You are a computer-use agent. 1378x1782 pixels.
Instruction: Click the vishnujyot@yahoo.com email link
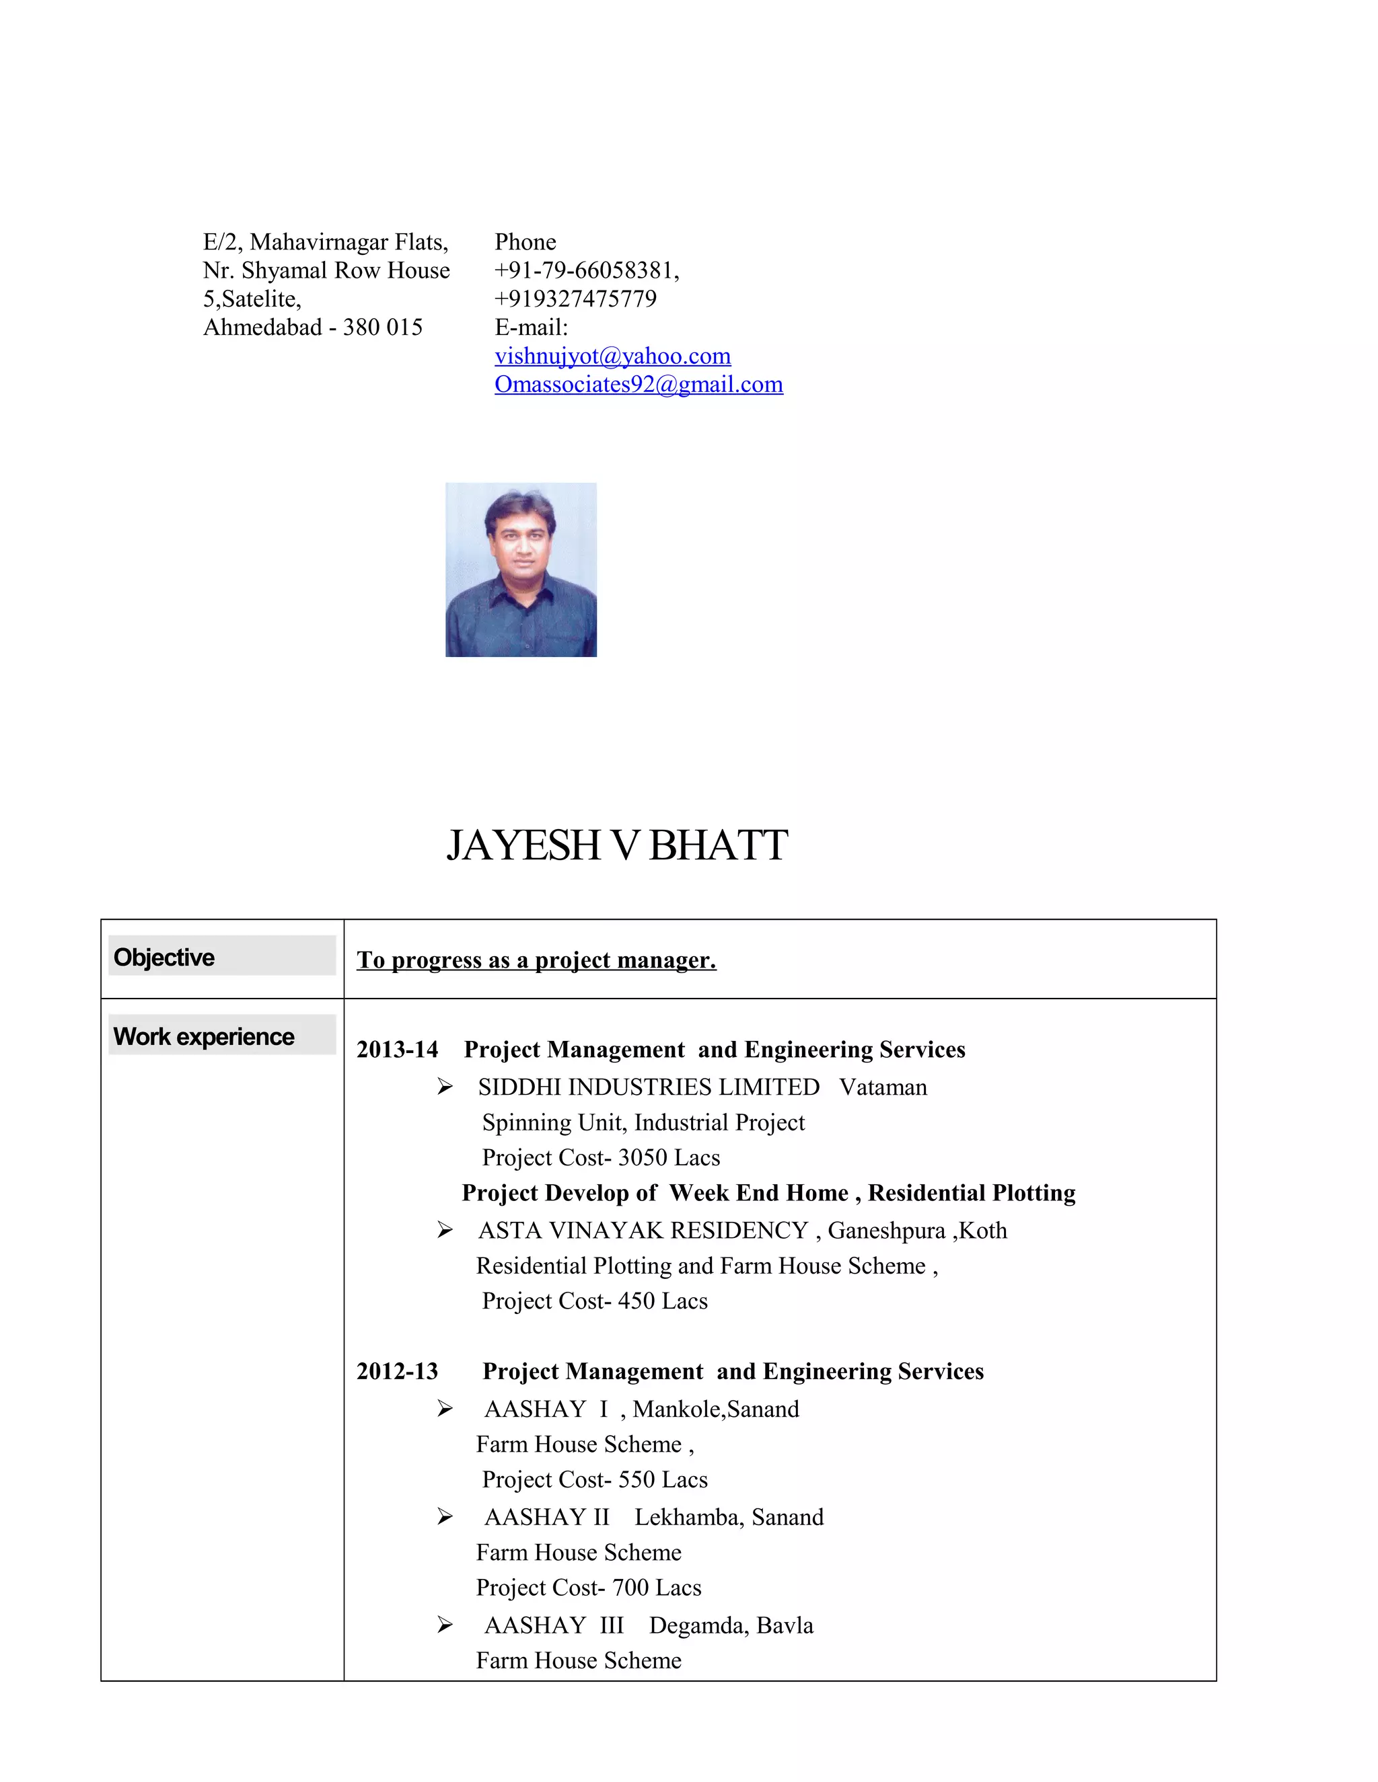612,356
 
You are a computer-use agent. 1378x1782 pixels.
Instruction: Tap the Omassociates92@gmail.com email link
639,385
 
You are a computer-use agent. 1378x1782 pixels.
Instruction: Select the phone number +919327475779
575,299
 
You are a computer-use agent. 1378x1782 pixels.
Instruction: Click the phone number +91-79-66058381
585,271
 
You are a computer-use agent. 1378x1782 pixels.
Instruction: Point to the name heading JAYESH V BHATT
617,845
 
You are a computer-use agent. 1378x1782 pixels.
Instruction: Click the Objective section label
164,957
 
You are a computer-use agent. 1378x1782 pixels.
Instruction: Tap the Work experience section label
204,1036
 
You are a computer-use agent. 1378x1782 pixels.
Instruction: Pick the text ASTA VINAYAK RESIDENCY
643,1231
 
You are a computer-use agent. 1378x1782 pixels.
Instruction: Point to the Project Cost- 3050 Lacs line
601,1158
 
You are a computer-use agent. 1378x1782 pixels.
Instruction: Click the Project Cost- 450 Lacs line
594,1301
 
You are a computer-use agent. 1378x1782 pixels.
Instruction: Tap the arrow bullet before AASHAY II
445,1517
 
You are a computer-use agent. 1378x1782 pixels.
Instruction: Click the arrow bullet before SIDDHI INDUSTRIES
445,1087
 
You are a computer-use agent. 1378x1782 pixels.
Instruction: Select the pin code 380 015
383,328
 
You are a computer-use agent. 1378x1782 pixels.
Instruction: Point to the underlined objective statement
536,960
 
